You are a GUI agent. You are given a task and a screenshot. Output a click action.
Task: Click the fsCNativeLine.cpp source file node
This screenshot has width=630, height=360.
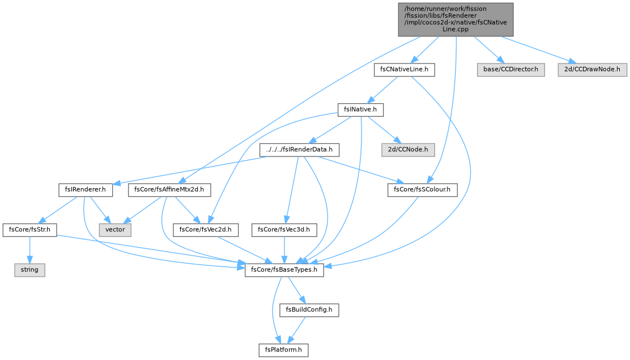pos(456,19)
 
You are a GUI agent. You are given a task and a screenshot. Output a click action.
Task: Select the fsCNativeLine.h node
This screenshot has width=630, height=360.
pos(404,70)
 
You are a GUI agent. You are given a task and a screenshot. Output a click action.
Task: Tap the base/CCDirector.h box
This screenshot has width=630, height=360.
pos(510,70)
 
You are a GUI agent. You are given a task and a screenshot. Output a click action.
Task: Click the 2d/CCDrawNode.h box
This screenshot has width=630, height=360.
pos(592,70)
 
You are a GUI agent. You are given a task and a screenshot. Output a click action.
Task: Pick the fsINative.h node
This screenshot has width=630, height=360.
pos(360,110)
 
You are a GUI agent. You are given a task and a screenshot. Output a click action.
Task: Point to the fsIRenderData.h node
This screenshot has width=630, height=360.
pos(299,150)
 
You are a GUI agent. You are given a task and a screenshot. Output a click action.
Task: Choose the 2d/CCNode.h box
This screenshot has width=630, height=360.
pos(408,150)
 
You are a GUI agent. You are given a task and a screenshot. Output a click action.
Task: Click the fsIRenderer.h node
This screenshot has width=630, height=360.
pos(86,190)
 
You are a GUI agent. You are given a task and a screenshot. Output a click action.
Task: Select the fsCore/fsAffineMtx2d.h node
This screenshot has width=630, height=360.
pos(169,190)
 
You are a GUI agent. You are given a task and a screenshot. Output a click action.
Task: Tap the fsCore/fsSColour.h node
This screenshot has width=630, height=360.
pos(422,190)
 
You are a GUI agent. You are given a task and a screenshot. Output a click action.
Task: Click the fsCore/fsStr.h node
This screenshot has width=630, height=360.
pos(29,230)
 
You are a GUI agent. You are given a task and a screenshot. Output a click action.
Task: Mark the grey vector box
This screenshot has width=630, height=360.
pos(116,230)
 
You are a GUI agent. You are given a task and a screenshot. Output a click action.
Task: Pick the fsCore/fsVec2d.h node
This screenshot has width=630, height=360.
pos(206,230)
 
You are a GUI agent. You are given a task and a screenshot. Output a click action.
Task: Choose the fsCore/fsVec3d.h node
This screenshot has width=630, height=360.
pos(284,230)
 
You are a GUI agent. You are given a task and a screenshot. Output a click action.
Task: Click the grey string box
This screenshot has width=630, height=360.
pos(29,270)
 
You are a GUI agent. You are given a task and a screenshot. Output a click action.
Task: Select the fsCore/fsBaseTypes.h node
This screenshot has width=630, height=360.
pos(284,270)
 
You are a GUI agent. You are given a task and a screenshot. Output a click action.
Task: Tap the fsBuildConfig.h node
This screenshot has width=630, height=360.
pos(309,310)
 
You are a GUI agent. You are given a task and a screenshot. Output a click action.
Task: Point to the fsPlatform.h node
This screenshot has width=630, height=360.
pos(283,350)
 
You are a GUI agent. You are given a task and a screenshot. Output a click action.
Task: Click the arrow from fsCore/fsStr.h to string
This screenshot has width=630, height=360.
pos(29,250)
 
